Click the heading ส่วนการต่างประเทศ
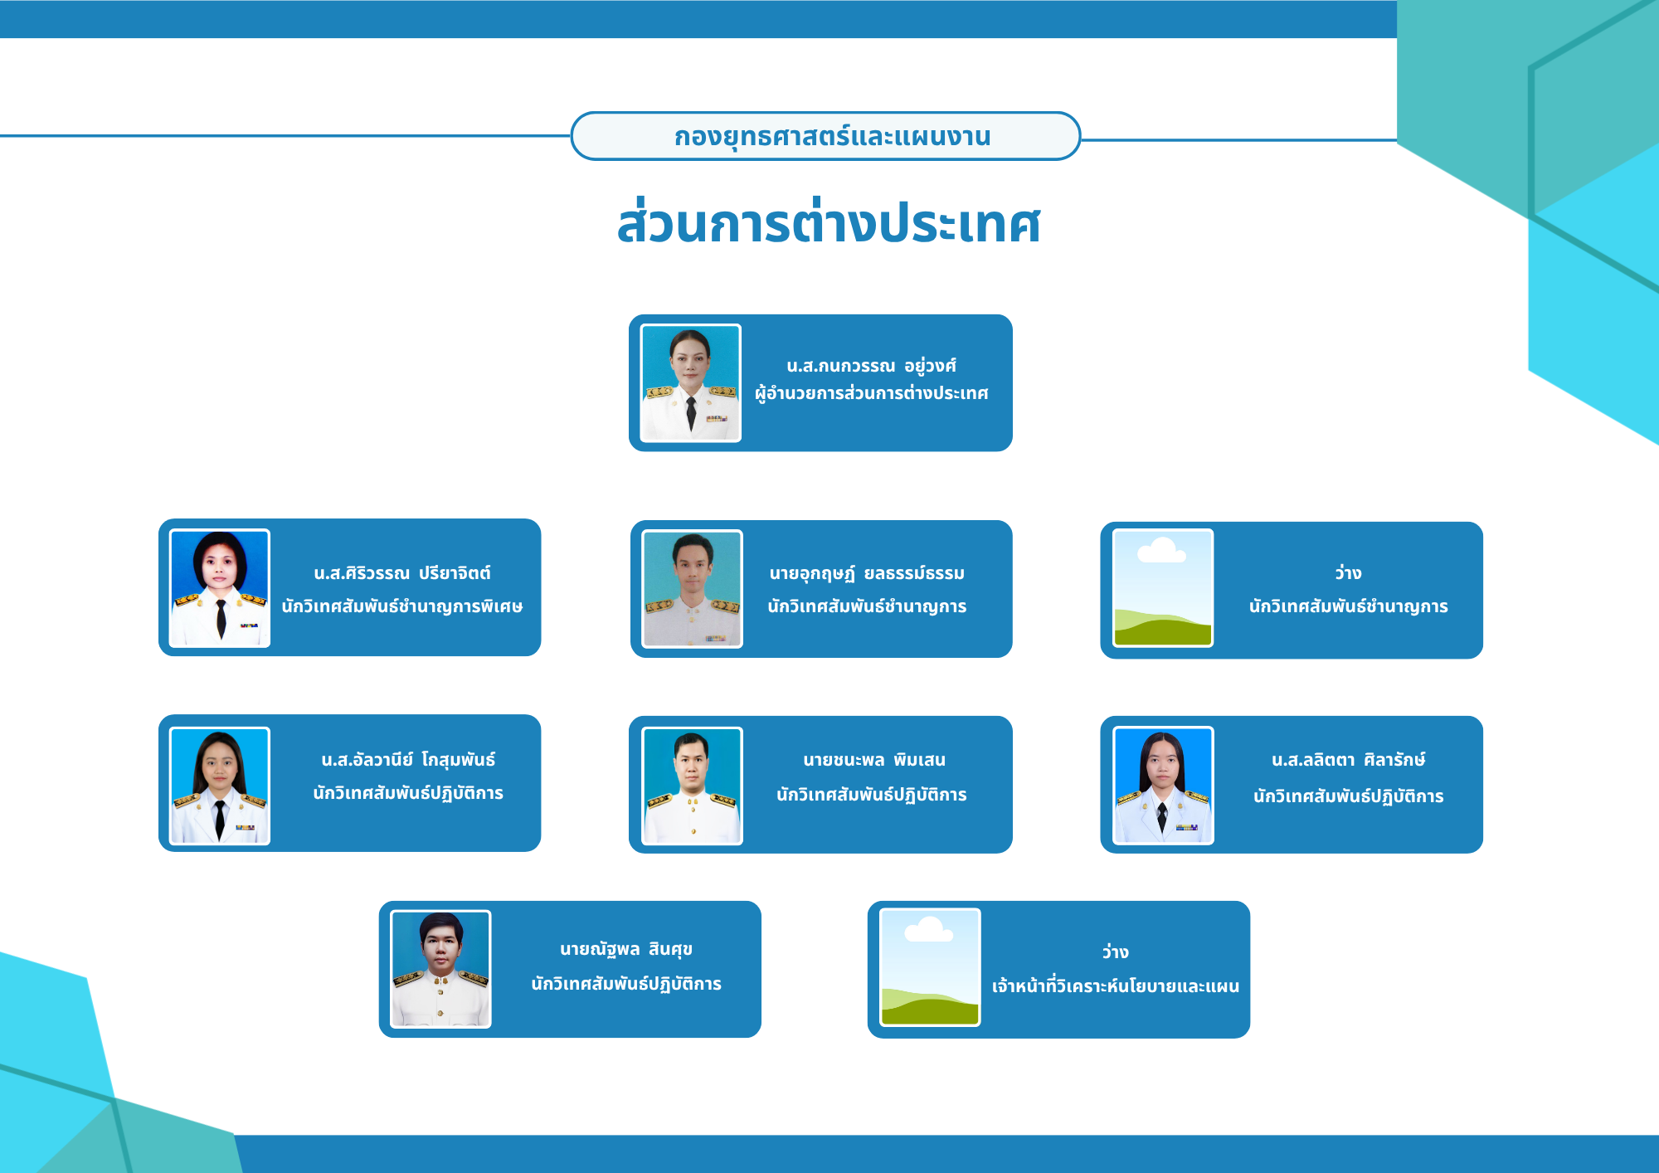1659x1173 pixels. click(829, 222)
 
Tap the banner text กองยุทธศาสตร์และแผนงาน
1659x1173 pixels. click(832, 136)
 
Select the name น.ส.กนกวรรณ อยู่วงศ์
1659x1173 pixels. click(871, 366)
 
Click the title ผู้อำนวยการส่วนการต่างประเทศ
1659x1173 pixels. click(871, 393)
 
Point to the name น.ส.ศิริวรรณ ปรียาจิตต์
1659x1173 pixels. click(402, 573)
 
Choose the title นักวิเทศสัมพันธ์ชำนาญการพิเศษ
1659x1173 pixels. click(402, 606)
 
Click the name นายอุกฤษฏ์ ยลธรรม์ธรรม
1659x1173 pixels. click(867, 573)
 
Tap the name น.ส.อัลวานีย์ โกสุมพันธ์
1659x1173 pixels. click(408, 760)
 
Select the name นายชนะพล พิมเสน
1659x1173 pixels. click(874, 760)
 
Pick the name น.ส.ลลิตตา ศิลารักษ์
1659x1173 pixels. click(1349, 760)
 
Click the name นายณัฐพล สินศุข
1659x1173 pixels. click(626, 949)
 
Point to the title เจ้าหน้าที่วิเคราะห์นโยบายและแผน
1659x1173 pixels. click(1116, 986)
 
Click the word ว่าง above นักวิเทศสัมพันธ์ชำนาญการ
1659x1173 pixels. click(1348, 572)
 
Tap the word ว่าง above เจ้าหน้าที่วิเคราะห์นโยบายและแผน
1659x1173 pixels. click(1115, 952)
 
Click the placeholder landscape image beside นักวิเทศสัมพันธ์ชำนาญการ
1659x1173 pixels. click(1163, 588)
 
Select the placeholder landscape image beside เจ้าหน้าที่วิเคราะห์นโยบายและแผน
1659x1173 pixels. click(930, 967)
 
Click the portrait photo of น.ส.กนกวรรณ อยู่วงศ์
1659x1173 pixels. click(691, 382)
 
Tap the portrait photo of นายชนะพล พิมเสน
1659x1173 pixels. click(693, 786)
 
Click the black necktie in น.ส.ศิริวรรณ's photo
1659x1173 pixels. click(221, 618)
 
